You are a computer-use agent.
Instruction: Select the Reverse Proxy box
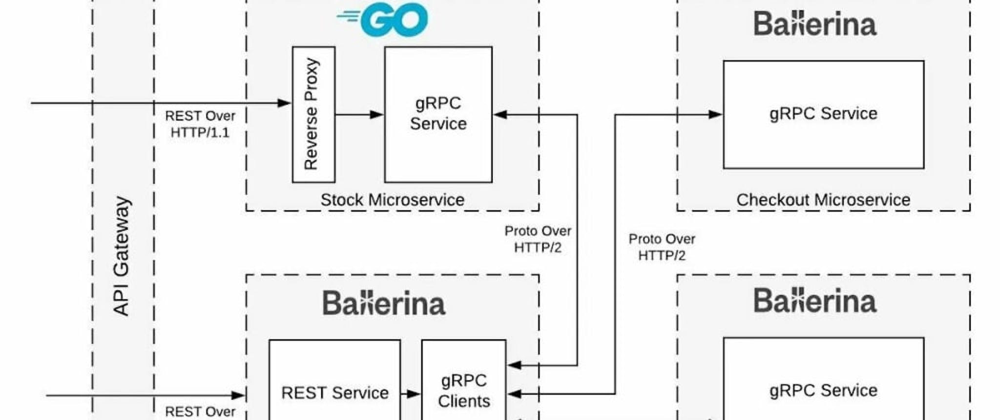[313, 115]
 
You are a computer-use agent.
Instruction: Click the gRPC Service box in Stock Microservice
[438, 114]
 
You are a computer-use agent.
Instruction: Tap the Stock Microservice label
[392, 200]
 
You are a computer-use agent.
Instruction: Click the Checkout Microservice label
[823, 200]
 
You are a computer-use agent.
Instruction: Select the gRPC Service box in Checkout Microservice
[823, 114]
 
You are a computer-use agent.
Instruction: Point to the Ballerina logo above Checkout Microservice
[815, 24]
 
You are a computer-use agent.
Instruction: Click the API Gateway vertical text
[121, 256]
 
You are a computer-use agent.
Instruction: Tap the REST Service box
[334, 386]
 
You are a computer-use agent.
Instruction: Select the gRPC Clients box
[463, 386]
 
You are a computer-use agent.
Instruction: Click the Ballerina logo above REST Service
[384, 303]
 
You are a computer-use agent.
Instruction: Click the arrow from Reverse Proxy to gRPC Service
[359, 115]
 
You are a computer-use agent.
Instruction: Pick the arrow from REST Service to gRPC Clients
[411, 394]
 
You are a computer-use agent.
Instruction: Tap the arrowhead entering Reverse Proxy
[284, 103]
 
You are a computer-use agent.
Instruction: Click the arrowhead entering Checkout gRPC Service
[715, 115]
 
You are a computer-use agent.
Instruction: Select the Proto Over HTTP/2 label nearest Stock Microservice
[538, 239]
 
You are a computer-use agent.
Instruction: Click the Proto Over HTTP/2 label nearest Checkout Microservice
[662, 247]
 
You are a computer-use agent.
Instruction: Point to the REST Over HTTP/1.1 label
[200, 124]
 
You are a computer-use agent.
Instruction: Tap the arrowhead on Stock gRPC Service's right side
[501, 115]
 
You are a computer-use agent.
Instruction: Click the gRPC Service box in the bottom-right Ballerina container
[823, 386]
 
